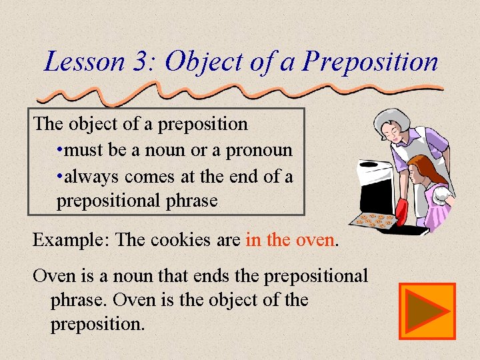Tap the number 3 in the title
143,62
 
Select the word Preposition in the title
370,62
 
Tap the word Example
71,239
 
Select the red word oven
314,239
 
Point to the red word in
253,239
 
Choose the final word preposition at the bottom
97,325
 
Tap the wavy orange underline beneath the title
267,90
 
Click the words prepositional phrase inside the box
137,201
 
